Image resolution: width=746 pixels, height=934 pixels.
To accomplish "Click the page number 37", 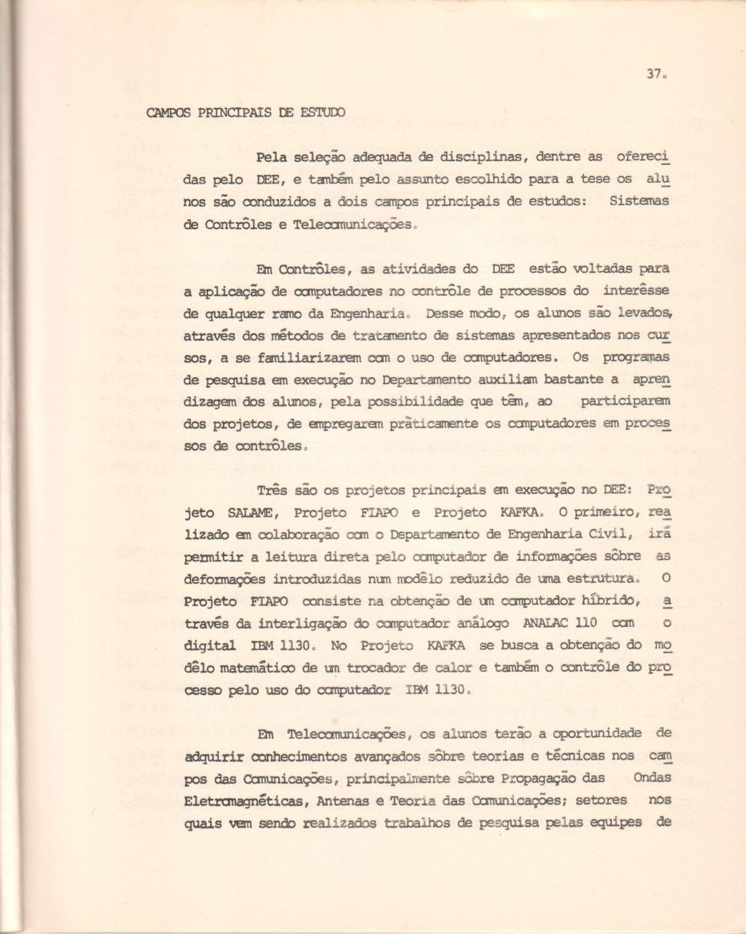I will [x=654, y=75].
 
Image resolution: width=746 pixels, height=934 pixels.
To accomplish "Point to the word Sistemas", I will [x=639, y=202].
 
